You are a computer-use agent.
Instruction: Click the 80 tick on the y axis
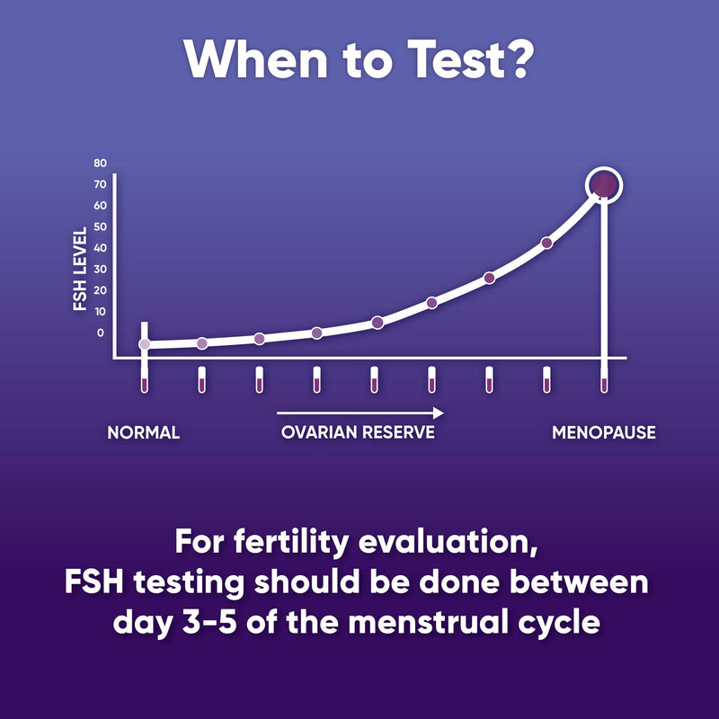tap(100, 164)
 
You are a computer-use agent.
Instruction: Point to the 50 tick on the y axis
tap(100, 226)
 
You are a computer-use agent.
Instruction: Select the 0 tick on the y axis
tap(100, 333)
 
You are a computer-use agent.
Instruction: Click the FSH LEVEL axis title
tap(80, 268)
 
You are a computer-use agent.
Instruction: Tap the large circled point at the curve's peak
tap(604, 185)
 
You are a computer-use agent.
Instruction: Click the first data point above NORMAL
tap(144, 344)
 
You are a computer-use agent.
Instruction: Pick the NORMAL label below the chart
tap(144, 432)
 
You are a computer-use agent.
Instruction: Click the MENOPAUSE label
tap(603, 432)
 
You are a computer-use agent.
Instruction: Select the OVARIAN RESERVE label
tap(358, 432)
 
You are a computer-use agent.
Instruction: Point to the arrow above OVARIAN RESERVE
tap(359, 413)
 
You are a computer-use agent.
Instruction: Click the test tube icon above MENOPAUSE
tap(604, 380)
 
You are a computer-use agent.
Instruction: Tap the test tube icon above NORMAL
tap(144, 380)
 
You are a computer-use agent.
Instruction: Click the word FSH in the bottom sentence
tap(95, 581)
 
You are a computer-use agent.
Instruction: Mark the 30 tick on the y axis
tap(100, 269)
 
